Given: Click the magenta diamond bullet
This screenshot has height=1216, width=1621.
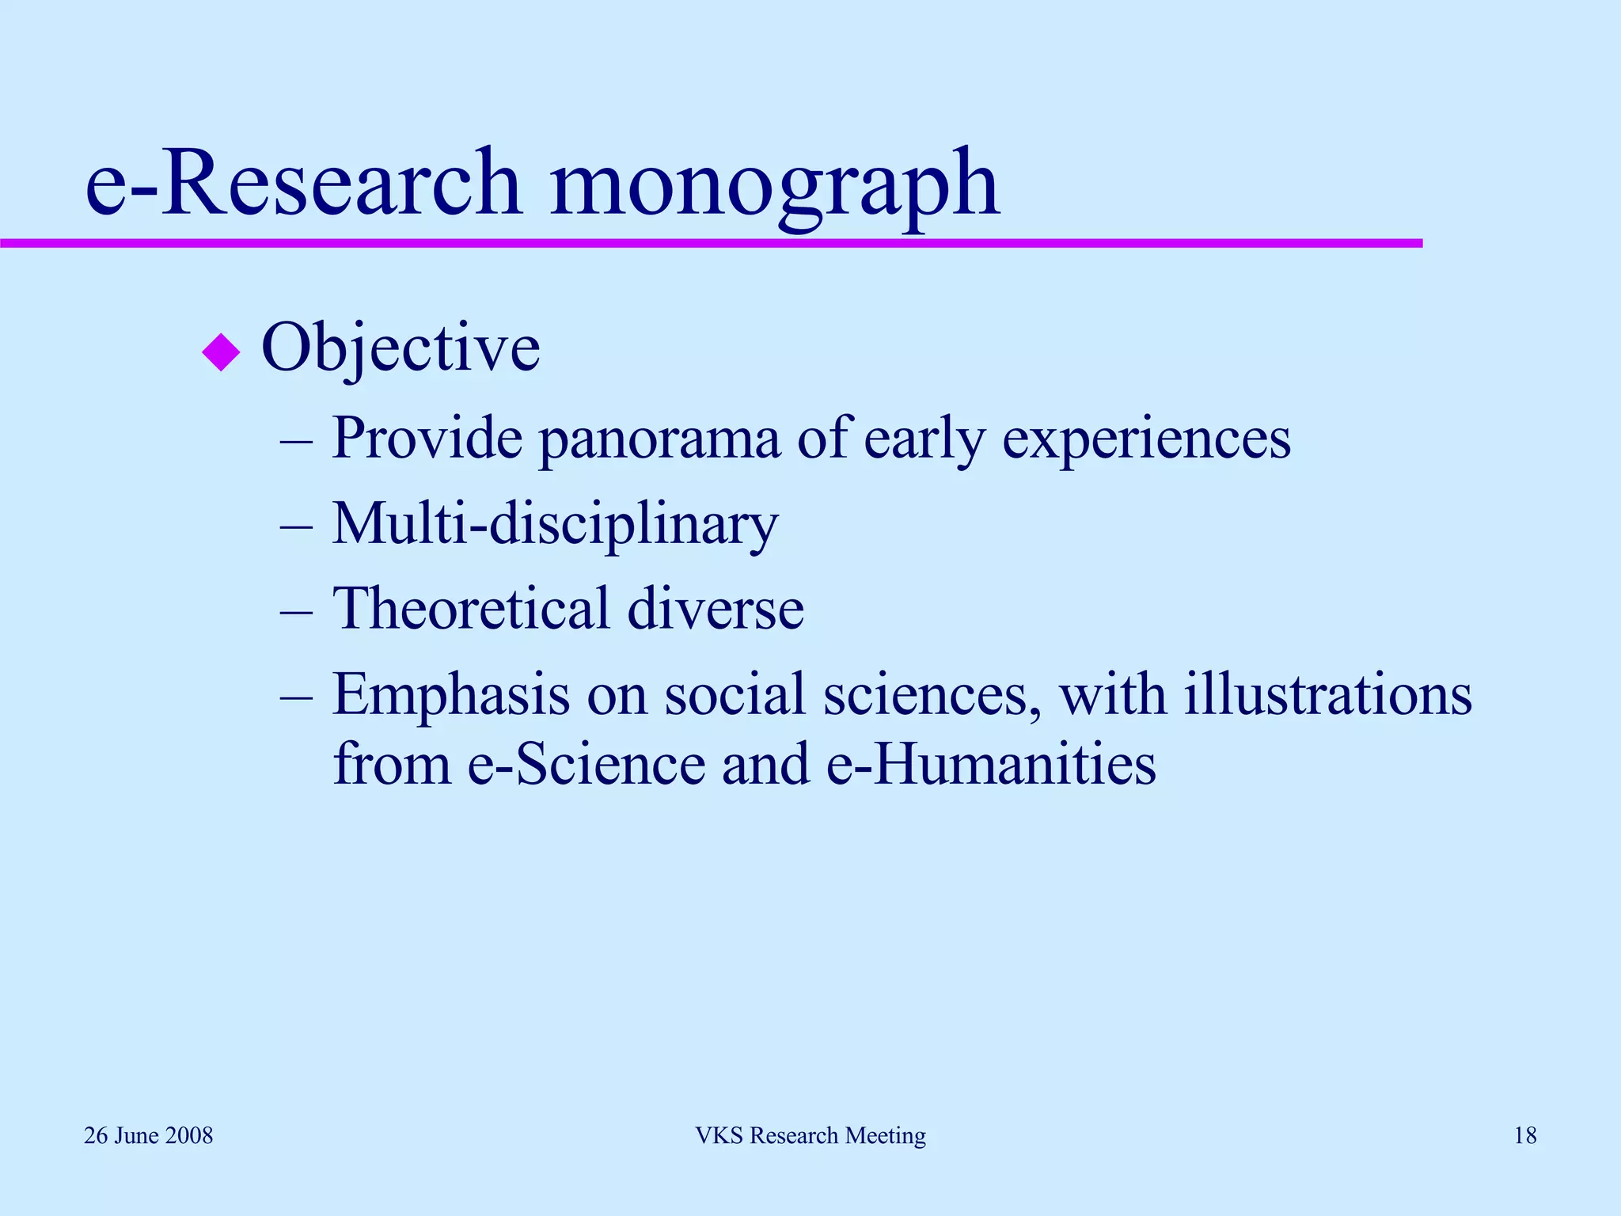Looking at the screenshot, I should point(221,352).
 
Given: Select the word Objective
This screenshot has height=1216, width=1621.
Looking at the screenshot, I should point(401,348).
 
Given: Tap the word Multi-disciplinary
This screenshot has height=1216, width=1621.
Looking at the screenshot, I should point(555,524).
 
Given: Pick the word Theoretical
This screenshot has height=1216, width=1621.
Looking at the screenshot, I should point(471,609).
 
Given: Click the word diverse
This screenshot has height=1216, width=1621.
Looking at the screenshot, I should point(716,609).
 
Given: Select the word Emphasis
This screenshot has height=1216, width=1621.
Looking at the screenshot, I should point(450,694).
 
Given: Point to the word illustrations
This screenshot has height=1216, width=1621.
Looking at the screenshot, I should point(1327,694).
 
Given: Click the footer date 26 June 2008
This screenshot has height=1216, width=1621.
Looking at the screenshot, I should point(149,1136).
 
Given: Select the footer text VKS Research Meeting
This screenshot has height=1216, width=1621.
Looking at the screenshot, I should point(810,1136).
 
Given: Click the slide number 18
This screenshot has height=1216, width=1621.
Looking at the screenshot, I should point(1525,1136).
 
